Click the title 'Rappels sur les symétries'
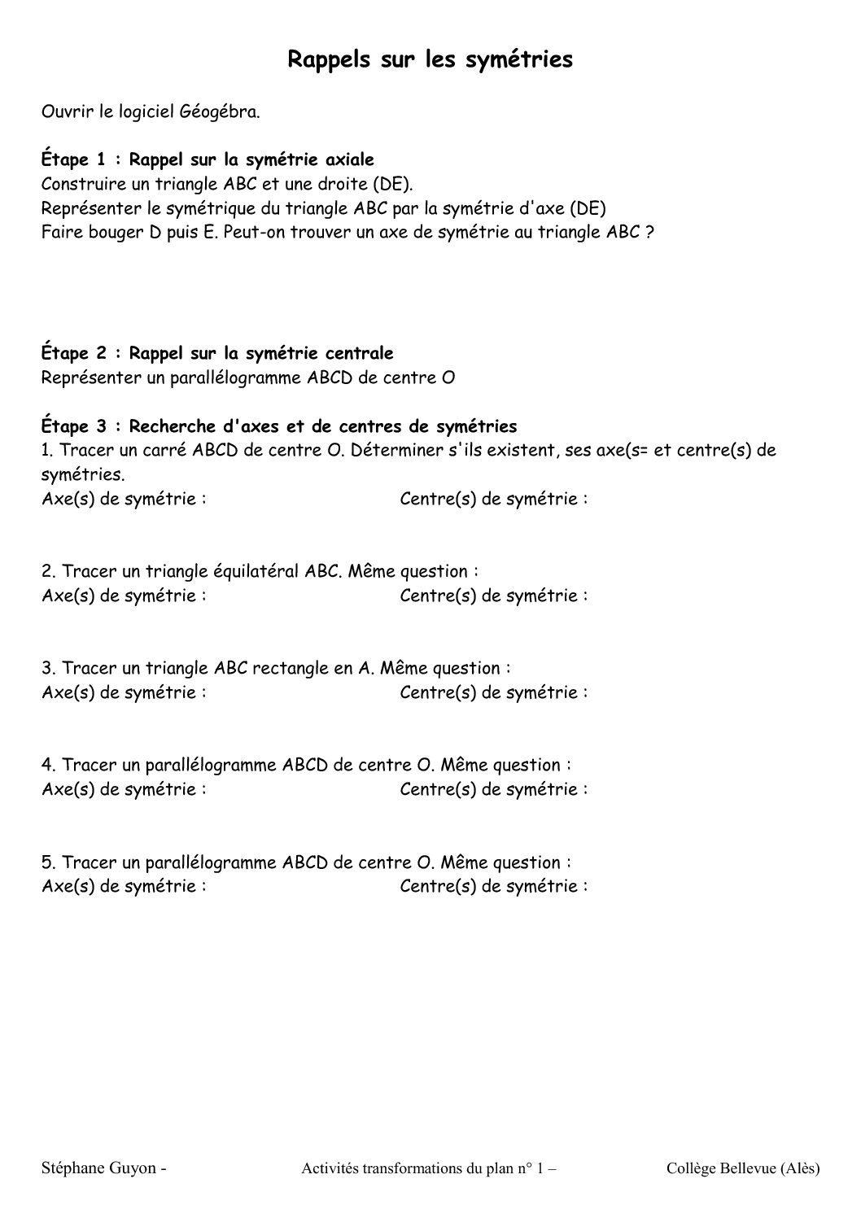tap(430, 59)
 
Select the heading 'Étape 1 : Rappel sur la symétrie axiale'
tap(208, 159)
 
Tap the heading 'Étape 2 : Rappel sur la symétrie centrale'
tap(217, 353)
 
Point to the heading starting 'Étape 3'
tap(279, 426)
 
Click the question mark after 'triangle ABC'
tap(649, 232)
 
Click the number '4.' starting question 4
tap(49, 765)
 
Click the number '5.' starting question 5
tap(49, 862)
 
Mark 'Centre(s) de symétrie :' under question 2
tap(494, 596)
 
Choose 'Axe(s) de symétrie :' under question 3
tap(124, 693)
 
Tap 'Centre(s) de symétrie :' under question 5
tap(494, 886)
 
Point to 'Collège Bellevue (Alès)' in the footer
tap(742, 1168)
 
